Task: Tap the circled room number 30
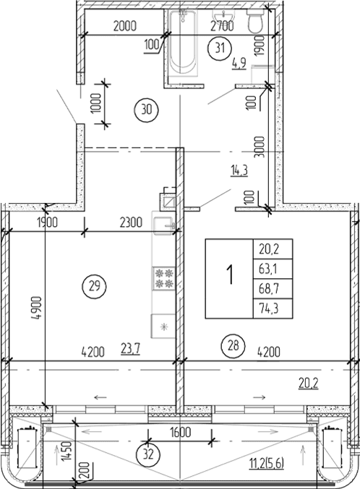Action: coord(145,111)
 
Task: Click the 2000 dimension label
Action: coord(126,27)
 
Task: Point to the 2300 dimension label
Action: coord(132,222)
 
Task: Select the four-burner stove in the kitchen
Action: coord(163,278)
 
